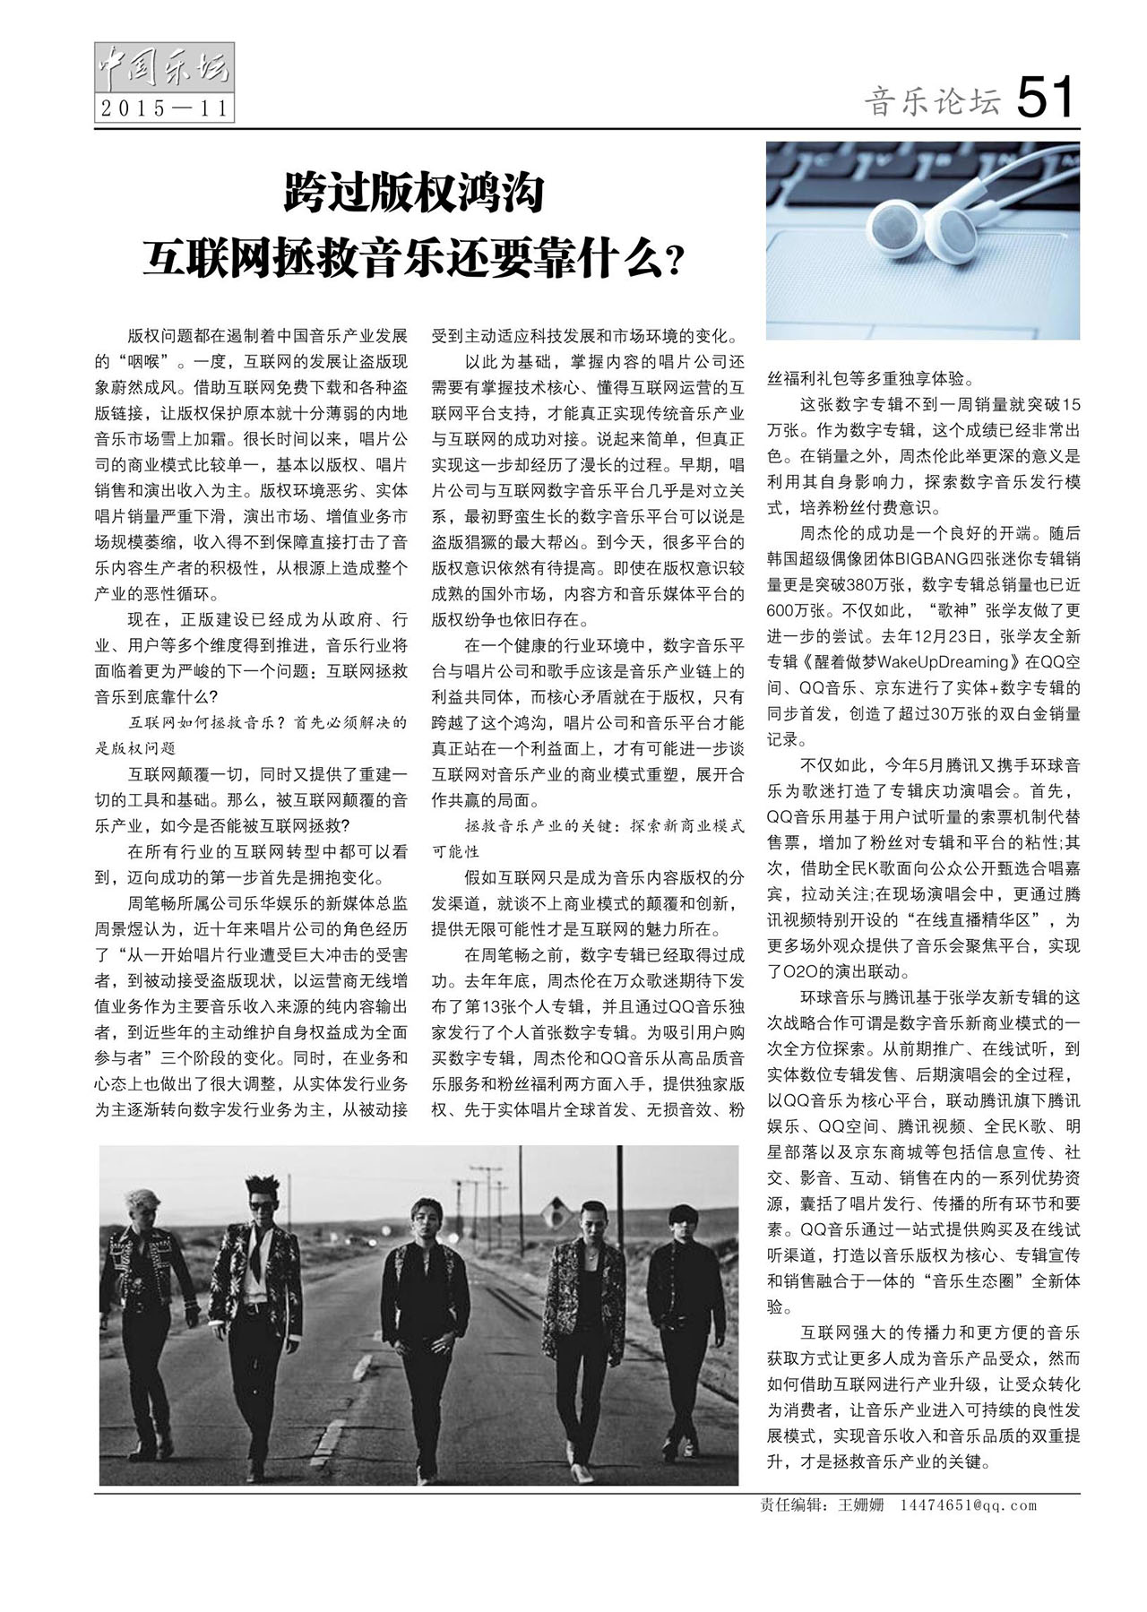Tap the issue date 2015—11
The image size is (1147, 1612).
(163, 108)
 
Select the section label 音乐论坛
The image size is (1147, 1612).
(931, 103)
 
